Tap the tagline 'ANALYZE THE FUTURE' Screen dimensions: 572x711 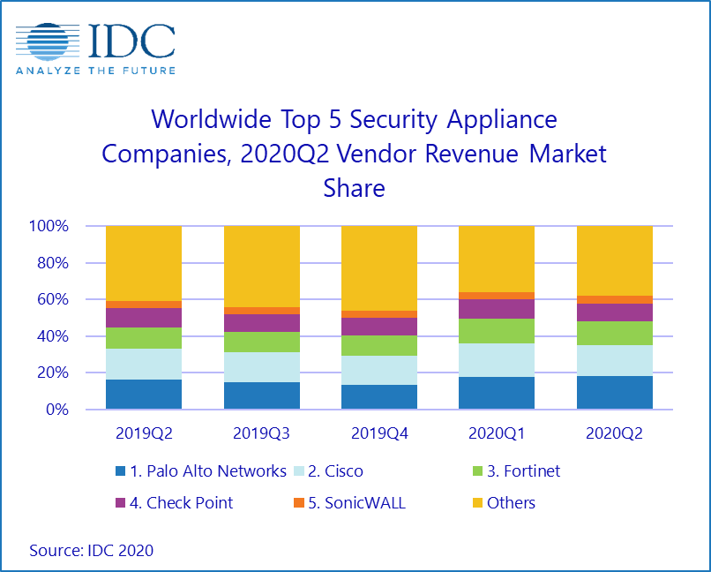[x=95, y=70]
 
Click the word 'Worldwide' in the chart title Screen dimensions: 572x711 [x=209, y=118]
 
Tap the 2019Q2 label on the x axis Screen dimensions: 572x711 [x=144, y=433]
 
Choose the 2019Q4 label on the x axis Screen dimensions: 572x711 [x=379, y=433]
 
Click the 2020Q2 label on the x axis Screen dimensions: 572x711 [x=615, y=433]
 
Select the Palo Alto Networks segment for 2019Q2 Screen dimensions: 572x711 [x=144, y=395]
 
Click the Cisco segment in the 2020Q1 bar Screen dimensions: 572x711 [x=497, y=360]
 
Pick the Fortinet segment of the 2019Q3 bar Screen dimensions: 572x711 [x=262, y=342]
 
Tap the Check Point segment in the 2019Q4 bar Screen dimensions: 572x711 [x=379, y=327]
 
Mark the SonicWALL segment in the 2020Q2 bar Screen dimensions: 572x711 [x=615, y=299]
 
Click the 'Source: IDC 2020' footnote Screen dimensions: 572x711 [x=92, y=550]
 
